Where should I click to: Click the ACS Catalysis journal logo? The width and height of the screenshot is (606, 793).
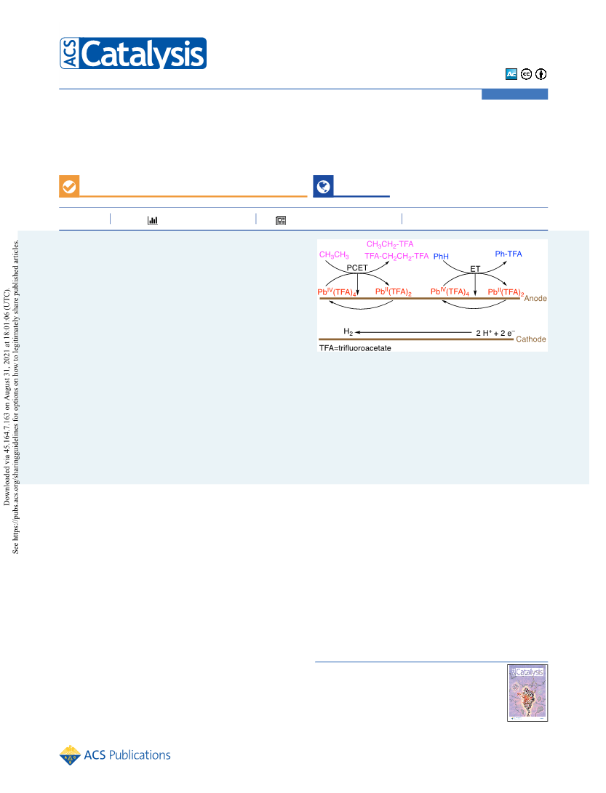point(133,53)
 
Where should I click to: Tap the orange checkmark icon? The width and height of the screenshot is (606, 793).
point(69,186)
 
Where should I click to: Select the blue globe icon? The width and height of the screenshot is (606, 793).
point(323,186)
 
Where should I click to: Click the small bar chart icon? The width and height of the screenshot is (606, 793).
point(152,220)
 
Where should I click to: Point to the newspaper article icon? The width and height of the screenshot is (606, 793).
point(281,220)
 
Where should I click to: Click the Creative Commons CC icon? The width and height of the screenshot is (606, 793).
point(527,74)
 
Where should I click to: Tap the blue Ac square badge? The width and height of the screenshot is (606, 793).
point(511,74)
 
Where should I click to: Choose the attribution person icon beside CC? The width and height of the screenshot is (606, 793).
point(541,74)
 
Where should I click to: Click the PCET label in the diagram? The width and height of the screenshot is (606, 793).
point(357,267)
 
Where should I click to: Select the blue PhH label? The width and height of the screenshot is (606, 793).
point(441,257)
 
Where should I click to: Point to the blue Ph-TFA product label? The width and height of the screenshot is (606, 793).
point(509,254)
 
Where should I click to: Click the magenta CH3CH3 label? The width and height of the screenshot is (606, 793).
point(334,255)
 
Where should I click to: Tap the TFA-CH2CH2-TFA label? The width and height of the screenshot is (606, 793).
point(396,256)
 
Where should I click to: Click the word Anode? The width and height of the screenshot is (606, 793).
point(535,299)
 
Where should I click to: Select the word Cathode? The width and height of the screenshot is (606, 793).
point(531,339)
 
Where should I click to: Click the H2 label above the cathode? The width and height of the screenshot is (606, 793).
point(348,331)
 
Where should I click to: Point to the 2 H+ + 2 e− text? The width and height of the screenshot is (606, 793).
point(495,333)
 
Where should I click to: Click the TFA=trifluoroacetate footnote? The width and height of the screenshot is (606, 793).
point(355,348)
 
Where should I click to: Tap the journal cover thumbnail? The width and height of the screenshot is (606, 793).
point(527,693)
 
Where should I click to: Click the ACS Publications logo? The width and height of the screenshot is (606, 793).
point(115,755)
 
